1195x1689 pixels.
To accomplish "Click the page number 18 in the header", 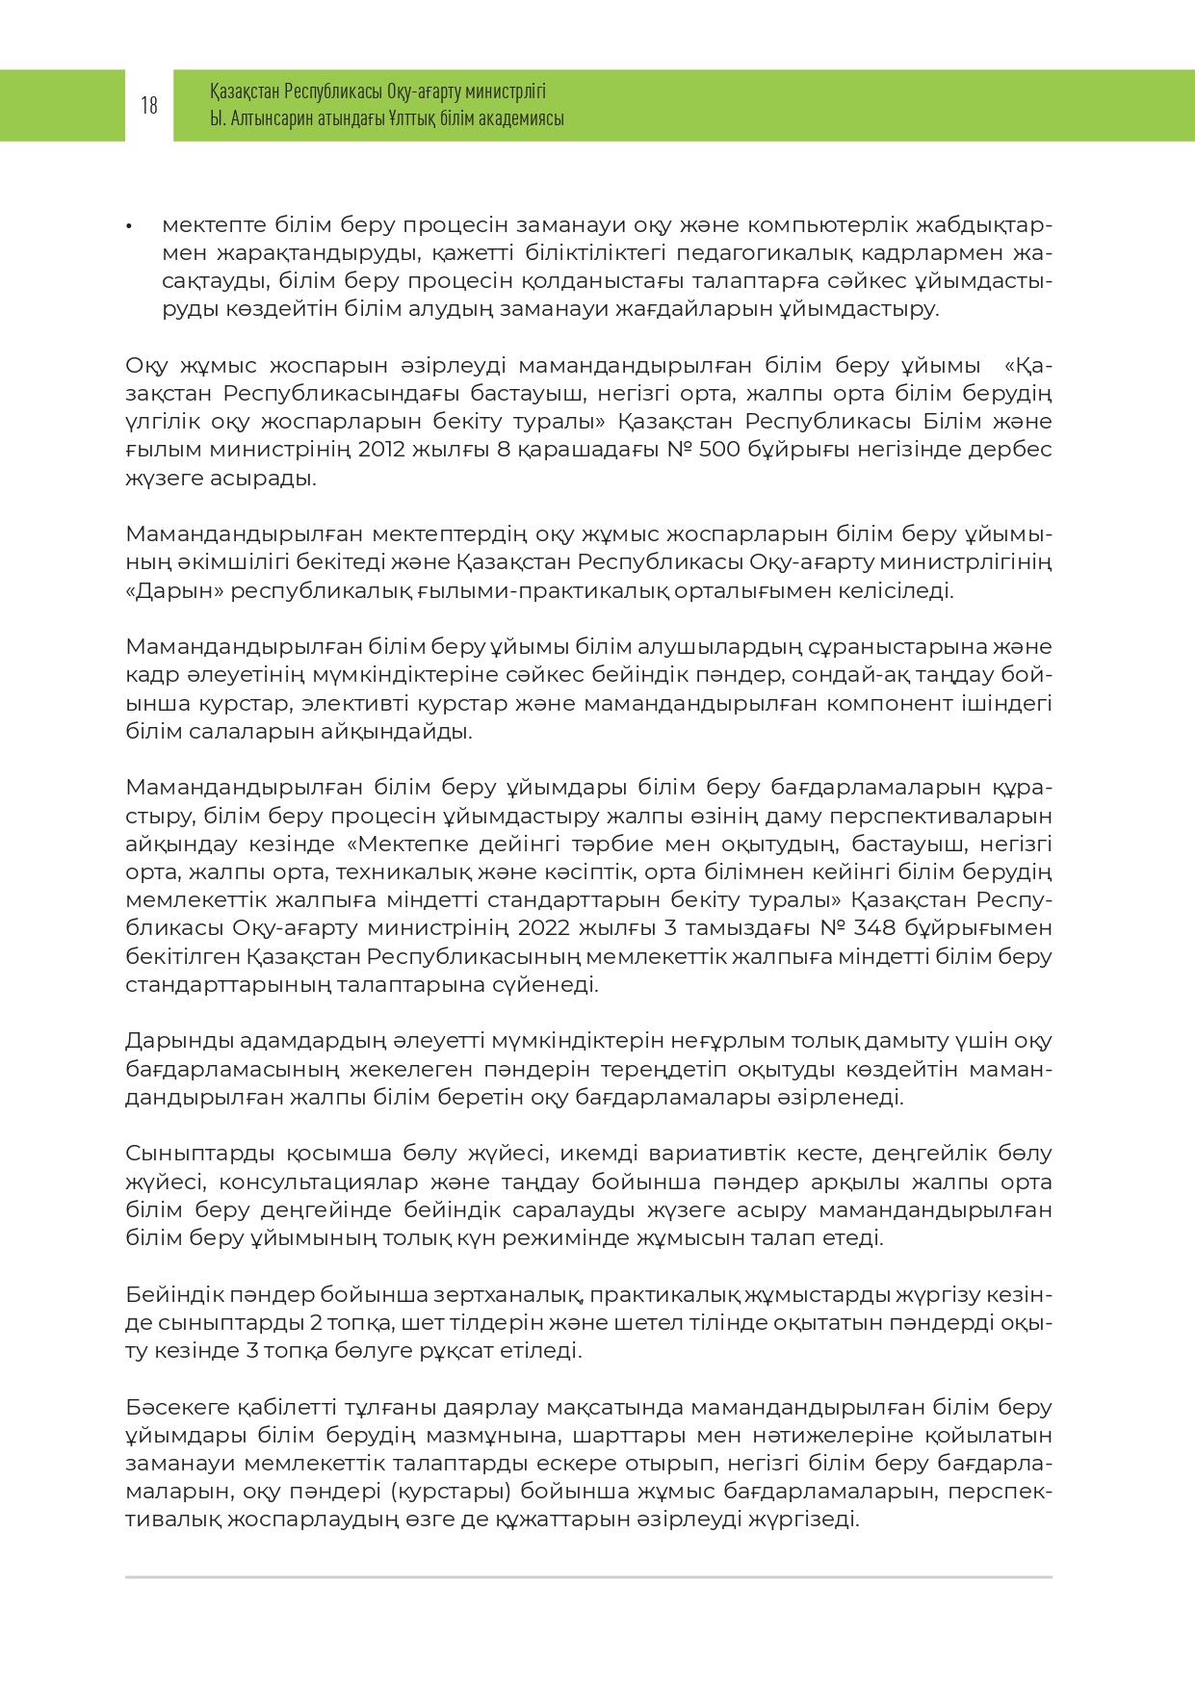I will click(x=149, y=105).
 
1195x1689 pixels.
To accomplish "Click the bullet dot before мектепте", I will click(x=129, y=226).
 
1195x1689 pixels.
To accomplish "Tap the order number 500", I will click(x=719, y=450).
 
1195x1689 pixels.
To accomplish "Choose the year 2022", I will click(x=546, y=928).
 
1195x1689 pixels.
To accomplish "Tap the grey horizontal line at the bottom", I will click(x=588, y=1577).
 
